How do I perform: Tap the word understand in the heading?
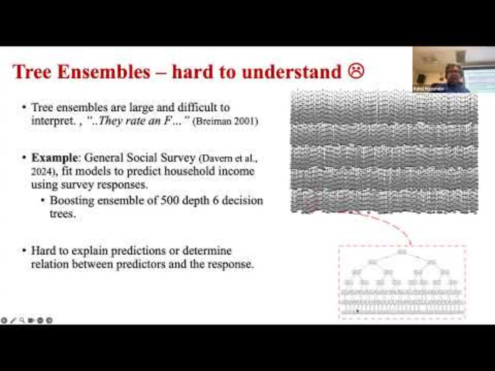[292, 72]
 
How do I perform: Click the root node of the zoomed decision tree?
[402, 253]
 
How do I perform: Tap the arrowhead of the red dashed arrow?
[410, 242]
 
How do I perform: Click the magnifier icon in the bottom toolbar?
[22, 321]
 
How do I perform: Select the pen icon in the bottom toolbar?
[13, 321]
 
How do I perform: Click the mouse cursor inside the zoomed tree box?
[357, 312]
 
